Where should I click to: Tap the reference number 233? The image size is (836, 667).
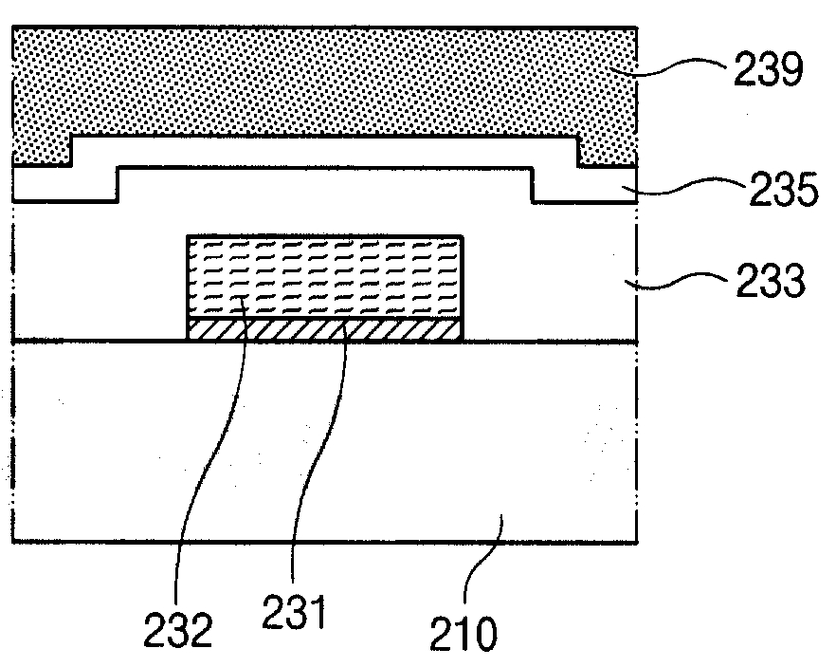click(769, 282)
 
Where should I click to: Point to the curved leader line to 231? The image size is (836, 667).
click(318, 455)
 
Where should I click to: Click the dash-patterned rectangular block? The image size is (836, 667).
click(325, 277)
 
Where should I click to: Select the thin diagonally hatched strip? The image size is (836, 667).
click(325, 330)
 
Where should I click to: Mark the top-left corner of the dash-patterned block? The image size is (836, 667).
click(189, 235)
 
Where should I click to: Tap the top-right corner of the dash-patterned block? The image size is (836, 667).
click(463, 235)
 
